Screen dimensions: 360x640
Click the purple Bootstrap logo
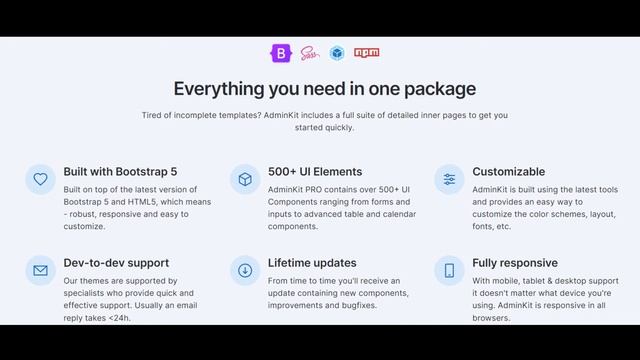click(279, 53)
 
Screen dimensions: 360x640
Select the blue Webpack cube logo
click(338, 53)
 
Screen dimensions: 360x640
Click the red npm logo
click(367, 53)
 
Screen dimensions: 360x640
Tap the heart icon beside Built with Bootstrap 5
click(40, 179)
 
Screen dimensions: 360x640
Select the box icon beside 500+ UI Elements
click(245, 179)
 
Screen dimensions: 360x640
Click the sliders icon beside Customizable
click(449, 179)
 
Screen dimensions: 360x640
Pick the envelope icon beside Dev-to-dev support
click(40, 270)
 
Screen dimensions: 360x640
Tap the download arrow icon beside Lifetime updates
click(245, 270)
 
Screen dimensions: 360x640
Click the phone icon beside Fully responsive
click(449, 270)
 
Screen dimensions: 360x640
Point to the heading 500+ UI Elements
click(315, 171)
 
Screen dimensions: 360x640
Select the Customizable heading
click(509, 171)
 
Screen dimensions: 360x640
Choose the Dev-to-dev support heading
click(116, 263)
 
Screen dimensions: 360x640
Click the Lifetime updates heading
click(312, 263)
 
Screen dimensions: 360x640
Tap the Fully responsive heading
click(515, 263)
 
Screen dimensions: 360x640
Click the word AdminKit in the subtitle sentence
click(287, 115)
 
